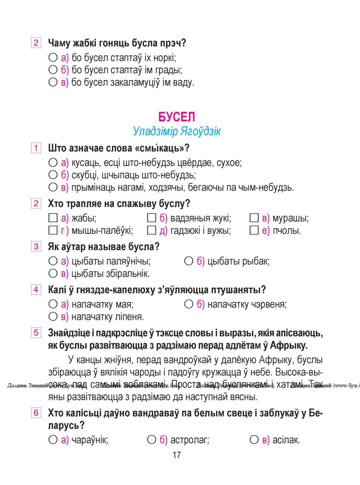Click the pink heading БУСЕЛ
[176, 117]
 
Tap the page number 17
[176, 455]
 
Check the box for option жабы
[53, 218]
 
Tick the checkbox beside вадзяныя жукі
[151, 218]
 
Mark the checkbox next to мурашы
[253, 218]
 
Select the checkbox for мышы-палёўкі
[53, 230]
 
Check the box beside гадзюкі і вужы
[151, 230]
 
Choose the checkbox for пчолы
[253, 230]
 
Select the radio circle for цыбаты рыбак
[189, 261]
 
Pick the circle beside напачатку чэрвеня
[189, 305]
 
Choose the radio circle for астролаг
[151, 440]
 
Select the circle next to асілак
[253, 440]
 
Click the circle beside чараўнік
[53, 440]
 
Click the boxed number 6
[36, 413]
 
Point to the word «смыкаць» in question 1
[162, 148]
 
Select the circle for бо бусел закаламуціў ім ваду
[53, 82]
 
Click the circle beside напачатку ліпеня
[53, 317]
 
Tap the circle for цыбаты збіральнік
[53, 274]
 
